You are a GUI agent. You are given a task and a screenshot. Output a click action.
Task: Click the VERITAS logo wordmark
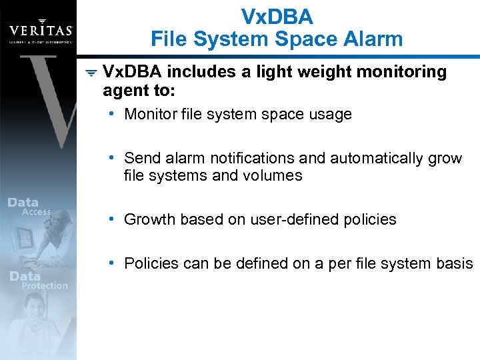(40, 31)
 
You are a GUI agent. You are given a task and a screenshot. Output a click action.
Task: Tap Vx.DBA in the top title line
(277, 15)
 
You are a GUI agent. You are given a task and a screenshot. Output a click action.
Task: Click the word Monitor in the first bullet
(150, 114)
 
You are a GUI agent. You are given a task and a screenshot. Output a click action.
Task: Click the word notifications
(252, 158)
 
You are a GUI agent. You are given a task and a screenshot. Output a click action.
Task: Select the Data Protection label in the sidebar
(37, 280)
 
